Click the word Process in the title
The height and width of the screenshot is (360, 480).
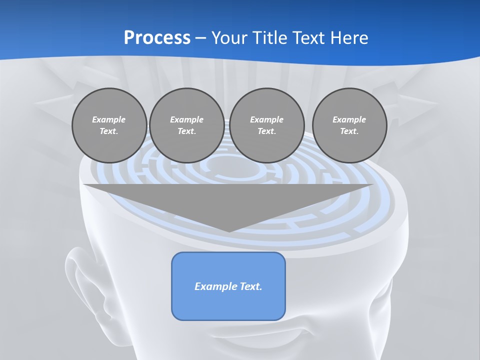157,38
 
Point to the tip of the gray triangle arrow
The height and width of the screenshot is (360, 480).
229,230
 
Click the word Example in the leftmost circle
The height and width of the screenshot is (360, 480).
109,119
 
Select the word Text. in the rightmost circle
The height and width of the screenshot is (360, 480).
349,131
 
